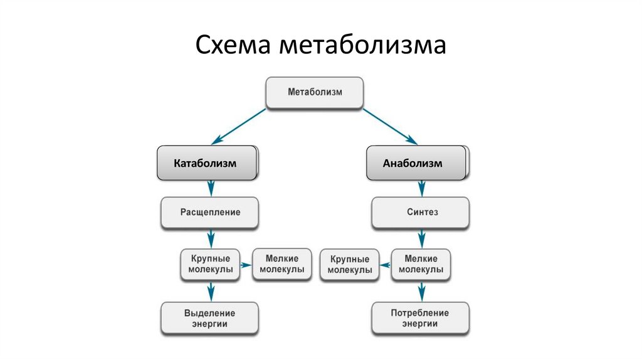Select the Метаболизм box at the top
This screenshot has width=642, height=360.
pyautogui.click(x=315, y=92)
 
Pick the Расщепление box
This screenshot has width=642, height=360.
pyautogui.click(x=211, y=213)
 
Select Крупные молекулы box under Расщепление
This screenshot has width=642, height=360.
pyautogui.click(x=211, y=263)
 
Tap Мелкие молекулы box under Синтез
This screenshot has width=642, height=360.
pyautogui.click(x=421, y=263)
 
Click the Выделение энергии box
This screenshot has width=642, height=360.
pyautogui.click(x=211, y=318)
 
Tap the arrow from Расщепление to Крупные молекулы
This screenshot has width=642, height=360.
pyautogui.click(x=211, y=238)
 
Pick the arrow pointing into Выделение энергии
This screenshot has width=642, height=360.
pyautogui.click(x=211, y=291)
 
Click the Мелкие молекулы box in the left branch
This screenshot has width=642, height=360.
pyautogui.click(x=282, y=263)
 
